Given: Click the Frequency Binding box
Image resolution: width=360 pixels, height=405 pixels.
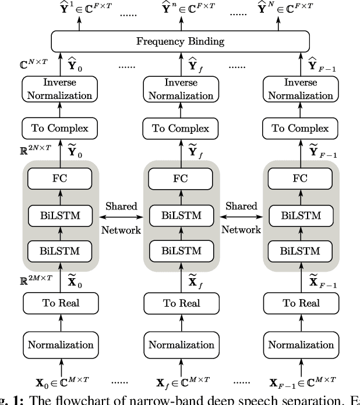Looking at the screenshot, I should click(x=179, y=42).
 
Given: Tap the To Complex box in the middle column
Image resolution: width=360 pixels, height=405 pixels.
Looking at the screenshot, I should click(x=180, y=129).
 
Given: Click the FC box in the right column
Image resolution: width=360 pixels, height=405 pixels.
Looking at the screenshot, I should click(x=301, y=178).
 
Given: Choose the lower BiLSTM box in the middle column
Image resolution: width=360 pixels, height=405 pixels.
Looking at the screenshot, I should click(x=180, y=251).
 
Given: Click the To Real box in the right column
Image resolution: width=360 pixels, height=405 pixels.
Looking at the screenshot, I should click(x=301, y=303).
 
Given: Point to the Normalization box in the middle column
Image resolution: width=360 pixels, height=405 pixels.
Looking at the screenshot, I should click(x=180, y=344).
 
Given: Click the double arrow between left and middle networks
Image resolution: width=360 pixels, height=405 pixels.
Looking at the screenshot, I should click(x=121, y=218).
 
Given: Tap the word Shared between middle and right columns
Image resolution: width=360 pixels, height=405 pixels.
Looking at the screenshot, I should click(x=241, y=206).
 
